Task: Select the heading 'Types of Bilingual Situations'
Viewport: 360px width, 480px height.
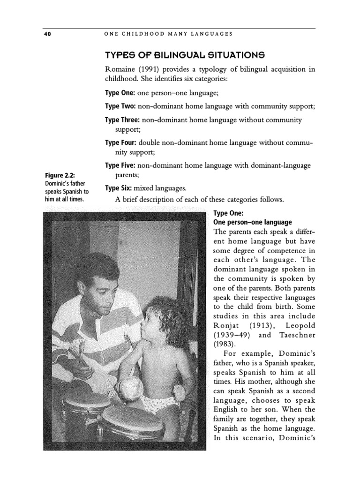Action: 181,54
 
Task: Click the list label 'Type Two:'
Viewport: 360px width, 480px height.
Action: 120,106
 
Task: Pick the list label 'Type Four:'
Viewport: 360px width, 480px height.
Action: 121,142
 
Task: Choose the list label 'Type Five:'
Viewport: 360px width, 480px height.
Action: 120,165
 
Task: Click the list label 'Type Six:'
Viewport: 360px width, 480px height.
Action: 119,188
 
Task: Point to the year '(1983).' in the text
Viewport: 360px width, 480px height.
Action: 225,345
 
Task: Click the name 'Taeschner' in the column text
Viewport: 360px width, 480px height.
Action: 297,335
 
